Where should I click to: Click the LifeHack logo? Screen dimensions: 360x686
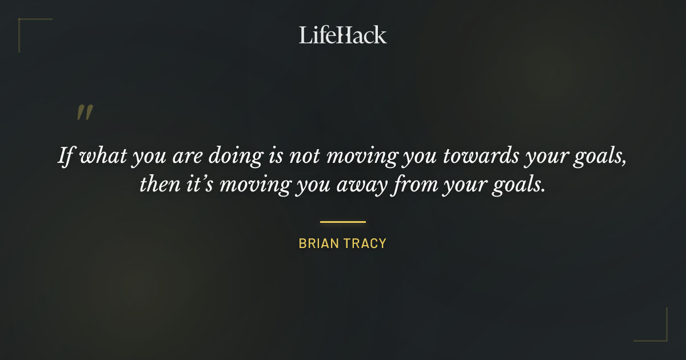343,35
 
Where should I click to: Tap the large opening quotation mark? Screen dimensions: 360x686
85,113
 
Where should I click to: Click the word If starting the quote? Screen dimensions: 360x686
66,156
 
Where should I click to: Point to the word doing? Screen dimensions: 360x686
239,156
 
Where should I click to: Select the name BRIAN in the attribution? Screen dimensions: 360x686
319,243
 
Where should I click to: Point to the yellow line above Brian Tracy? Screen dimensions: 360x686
343,222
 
